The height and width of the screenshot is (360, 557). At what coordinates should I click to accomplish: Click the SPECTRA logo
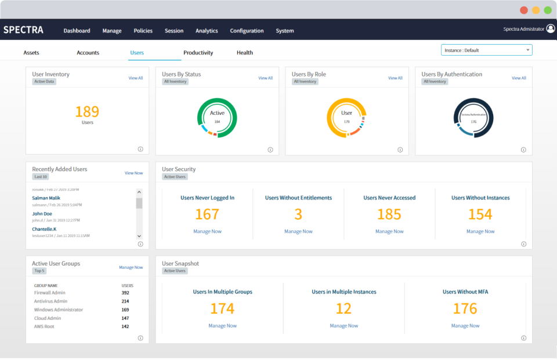pyautogui.click(x=23, y=30)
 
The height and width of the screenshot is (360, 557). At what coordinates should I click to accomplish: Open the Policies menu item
pyautogui.click(x=143, y=31)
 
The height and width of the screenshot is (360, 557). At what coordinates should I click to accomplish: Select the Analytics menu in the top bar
pyautogui.click(x=207, y=31)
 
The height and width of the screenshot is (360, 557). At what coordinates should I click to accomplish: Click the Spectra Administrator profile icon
pyautogui.click(x=550, y=28)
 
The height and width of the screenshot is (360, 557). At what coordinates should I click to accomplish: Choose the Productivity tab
pyautogui.click(x=198, y=53)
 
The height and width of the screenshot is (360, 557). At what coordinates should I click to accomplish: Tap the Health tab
pyautogui.click(x=244, y=53)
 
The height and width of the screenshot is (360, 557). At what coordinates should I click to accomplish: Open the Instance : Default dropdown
pyautogui.click(x=486, y=50)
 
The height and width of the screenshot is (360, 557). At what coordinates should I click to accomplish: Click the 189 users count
pyautogui.click(x=87, y=111)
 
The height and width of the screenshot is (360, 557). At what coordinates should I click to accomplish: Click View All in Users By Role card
pyautogui.click(x=395, y=78)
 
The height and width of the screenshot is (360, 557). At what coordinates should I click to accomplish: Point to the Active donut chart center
pyautogui.click(x=217, y=117)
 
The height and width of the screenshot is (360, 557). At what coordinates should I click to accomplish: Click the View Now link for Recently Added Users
pyautogui.click(x=133, y=173)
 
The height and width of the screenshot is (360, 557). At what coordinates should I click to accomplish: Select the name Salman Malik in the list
pyautogui.click(x=46, y=198)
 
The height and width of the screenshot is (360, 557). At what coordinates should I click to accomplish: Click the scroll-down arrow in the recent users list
pyautogui.click(x=139, y=236)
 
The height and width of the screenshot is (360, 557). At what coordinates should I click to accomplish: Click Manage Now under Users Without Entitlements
pyautogui.click(x=298, y=231)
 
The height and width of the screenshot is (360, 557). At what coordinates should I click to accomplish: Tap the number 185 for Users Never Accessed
pyautogui.click(x=389, y=214)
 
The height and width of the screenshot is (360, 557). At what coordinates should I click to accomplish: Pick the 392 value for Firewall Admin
pyautogui.click(x=125, y=293)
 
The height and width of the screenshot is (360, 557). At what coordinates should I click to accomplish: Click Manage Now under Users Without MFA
pyautogui.click(x=465, y=326)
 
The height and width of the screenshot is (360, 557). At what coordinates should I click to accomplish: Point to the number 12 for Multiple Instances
pyautogui.click(x=343, y=309)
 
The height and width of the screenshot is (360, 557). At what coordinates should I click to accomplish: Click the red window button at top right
pyautogui.click(x=523, y=10)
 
